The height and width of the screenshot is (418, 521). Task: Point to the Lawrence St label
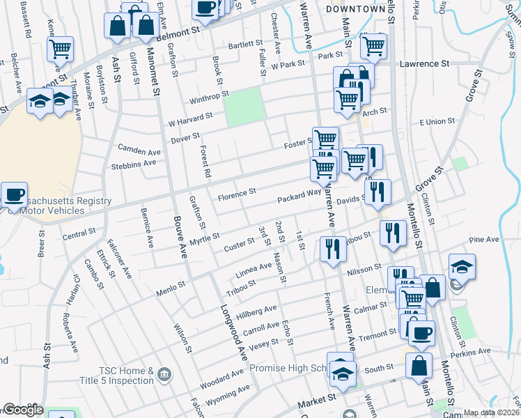pyautogui.click(x=424, y=63)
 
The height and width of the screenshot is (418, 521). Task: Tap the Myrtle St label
pyautogui.click(x=205, y=240)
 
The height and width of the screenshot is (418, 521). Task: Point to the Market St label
pyautogui.click(x=317, y=403)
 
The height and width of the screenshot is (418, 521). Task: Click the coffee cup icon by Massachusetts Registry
pyautogui.click(x=14, y=194)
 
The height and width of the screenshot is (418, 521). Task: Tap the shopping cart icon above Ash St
pyautogui.click(x=61, y=49)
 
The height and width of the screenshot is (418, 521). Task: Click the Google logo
pyautogui.click(x=24, y=410)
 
